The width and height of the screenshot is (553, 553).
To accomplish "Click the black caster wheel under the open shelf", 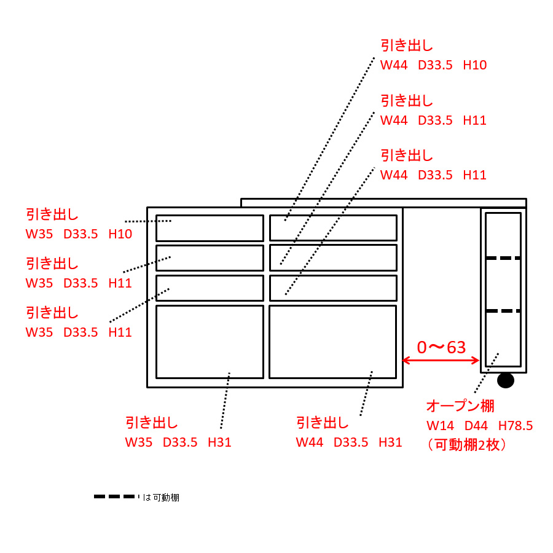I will tap(505, 380).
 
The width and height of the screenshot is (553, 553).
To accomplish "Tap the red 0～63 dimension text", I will tap(441, 348).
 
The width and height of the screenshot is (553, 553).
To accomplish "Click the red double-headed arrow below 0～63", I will tap(441, 361).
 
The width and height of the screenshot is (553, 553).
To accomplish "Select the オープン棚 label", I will tap(460, 406).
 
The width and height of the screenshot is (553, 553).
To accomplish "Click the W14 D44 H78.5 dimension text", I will tap(479, 425).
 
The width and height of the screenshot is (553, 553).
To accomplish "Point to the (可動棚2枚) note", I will tap(468, 445).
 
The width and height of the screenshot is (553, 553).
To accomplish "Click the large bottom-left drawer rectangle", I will tap(210, 342).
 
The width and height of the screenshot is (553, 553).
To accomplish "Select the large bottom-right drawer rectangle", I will tap(332, 342).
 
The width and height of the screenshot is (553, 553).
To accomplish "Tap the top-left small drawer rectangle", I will tap(210, 228).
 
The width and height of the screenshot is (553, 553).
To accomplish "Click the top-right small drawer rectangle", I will tap(333, 228).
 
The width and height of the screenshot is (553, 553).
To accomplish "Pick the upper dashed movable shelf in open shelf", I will tap(503, 258).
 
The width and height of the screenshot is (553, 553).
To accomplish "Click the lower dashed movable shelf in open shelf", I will tap(503, 311).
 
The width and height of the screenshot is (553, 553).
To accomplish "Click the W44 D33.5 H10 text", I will tap(433, 65).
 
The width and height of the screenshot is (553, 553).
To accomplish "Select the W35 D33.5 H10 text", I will tap(79, 234).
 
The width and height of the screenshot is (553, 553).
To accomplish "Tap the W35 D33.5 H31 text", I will tap(178, 442).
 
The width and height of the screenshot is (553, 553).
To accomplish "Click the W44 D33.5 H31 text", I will tap(349, 442).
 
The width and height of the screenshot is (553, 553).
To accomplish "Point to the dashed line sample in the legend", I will tap(114, 496).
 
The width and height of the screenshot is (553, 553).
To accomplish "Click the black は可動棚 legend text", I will tap(161, 497).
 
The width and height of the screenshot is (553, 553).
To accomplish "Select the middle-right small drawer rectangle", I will tap(333, 258).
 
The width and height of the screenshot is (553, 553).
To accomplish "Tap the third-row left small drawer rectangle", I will tap(210, 288).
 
